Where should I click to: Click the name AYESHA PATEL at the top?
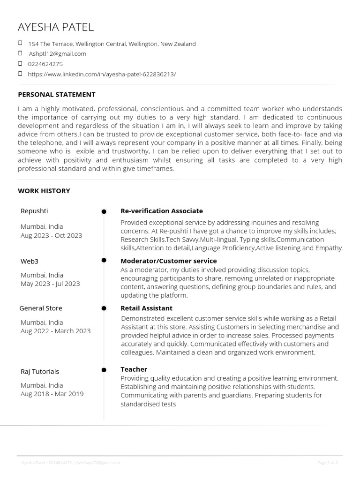(x=55, y=27)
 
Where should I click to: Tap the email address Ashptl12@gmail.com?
(x=57, y=54)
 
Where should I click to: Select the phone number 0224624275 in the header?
(x=45, y=64)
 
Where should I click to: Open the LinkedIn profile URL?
(x=102, y=74)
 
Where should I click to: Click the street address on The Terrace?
(x=112, y=44)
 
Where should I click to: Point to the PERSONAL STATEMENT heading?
(x=56, y=95)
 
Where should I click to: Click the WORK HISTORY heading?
(x=44, y=191)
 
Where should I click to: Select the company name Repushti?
(x=34, y=211)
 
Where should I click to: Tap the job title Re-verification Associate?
(x=162, y=211)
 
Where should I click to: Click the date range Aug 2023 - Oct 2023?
(x=51, y=235)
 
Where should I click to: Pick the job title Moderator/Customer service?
(x=169, y=261)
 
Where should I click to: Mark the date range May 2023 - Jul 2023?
(x=50, y=284)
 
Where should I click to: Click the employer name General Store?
(x=41, y=308)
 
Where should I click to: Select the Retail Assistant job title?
(x=146, y=308)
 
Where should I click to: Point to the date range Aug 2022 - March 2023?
(x=55, y=331)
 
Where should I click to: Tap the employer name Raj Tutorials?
(x=40, y=371)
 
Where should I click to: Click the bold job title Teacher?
(x=134, y=369)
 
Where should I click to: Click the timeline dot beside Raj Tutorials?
(x=104, y=371)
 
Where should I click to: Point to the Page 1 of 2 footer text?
(x=327, y=463)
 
